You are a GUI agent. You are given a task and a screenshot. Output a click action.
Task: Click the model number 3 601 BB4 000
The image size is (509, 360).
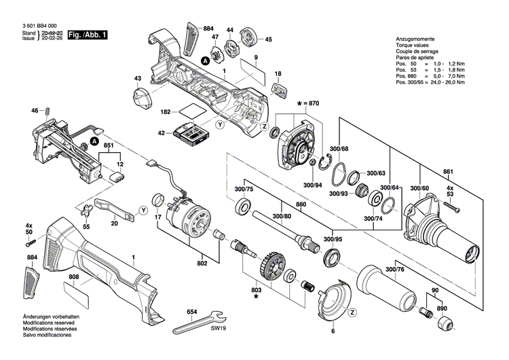[x=31, y=24]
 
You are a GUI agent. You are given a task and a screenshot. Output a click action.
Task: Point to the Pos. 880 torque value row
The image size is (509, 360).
[x=430, y=76]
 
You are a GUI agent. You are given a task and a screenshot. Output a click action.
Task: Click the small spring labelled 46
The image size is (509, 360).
[x=49, y=111]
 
